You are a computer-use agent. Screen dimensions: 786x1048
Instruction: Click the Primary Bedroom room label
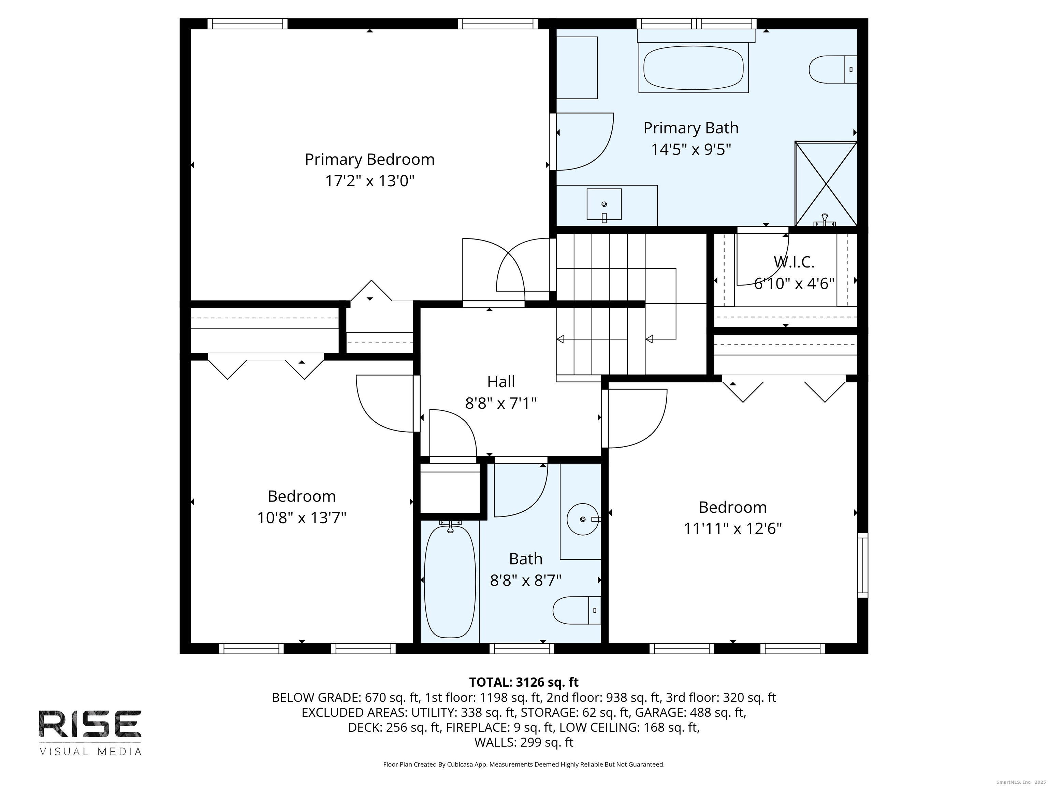click(x=369, y=160)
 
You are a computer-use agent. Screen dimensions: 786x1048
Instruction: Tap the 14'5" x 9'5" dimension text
click(x=691, y=150)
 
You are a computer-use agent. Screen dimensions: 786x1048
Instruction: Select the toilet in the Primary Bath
click(x=832, y=70)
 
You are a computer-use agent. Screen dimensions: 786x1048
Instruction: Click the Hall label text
click(x=501, y=382)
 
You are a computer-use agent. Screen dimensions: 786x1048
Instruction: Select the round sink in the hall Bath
click(x=582, y=519)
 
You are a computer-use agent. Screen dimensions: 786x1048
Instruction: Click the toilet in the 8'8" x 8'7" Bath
click(x=575, y=610)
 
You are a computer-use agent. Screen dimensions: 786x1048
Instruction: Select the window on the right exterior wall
click(x=862, y=565)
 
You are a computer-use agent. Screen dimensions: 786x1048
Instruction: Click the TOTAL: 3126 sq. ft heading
click(x=524, y=682)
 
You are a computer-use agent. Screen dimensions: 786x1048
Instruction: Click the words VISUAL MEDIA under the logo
click(x=90, y=752)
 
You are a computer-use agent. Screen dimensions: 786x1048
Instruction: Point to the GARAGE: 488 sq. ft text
click(x=690, y=713)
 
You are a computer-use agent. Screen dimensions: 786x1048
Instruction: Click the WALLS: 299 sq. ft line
click(x=524, y=742)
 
